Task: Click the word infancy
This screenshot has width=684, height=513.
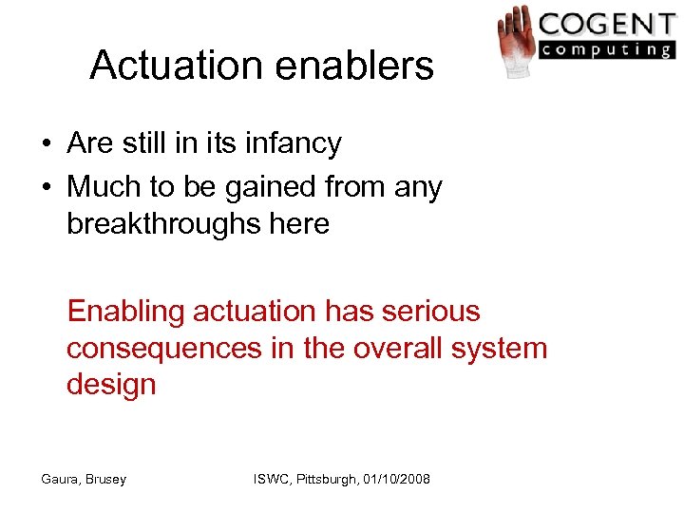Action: (294, 144)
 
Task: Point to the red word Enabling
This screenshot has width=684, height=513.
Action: (124, 313)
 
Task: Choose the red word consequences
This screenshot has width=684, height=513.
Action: (163, 349)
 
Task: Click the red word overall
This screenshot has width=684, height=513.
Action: (388, 348)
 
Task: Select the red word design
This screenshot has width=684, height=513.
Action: (111, 385)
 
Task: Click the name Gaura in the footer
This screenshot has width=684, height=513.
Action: (60, 480)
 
